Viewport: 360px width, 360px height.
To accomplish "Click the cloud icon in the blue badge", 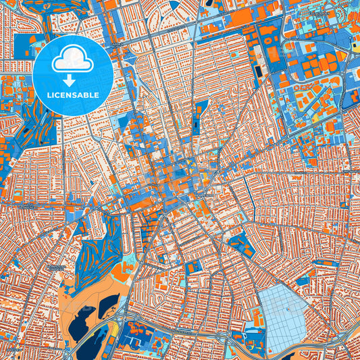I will click(72, 59).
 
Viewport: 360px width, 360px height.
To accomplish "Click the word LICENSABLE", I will click(72, 95).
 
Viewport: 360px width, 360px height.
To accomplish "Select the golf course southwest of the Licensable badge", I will click(34, 135).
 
